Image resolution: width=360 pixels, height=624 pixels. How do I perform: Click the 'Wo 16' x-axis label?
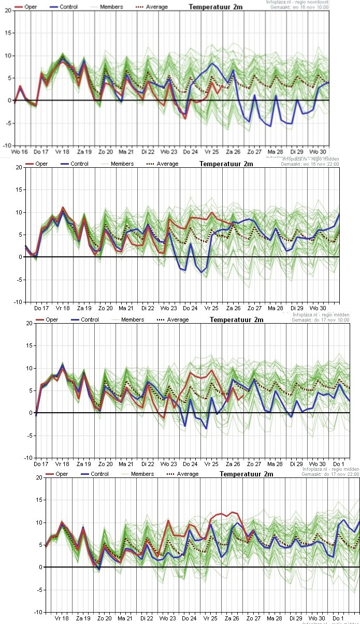(x=19, y=152)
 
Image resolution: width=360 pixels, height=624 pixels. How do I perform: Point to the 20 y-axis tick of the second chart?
(x=18, y=167)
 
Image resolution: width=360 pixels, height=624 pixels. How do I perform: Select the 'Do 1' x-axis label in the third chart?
(x=338, y=464)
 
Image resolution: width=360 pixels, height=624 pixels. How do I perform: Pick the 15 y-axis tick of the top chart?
(x=7, y=33)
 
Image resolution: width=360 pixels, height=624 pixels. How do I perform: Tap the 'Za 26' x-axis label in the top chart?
(x=233, y=152)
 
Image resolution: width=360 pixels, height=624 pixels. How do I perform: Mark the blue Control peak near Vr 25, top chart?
(x=212, y=64)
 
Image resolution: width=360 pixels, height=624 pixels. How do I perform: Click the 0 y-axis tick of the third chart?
(x=28, y=413)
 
